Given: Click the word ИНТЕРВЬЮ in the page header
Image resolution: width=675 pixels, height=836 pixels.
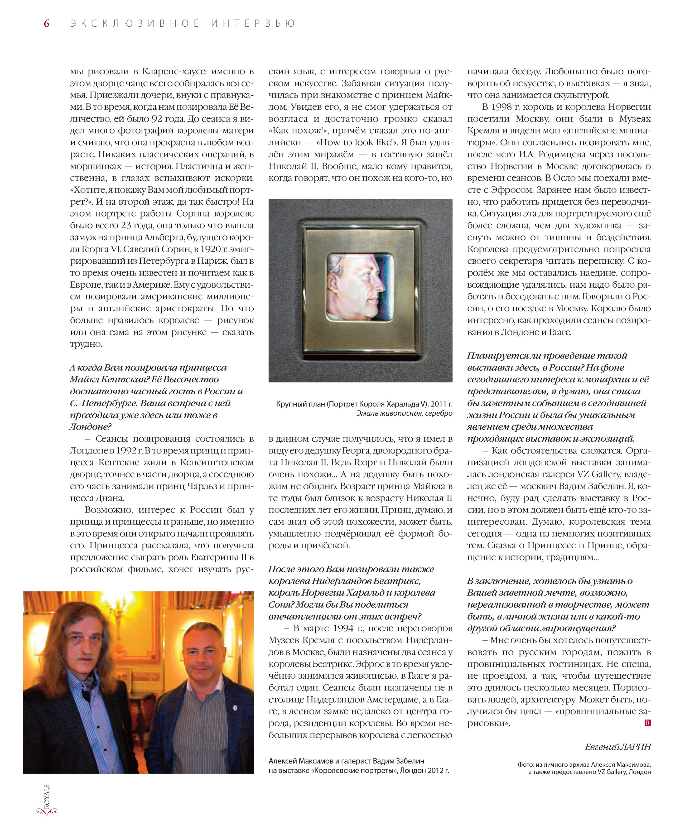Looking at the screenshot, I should (x=253, y=24).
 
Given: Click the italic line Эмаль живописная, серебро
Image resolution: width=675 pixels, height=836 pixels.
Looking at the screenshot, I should (x=404, y=413).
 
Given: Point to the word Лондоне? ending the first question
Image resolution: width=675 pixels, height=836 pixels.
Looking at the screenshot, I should (x=91, y=427).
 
